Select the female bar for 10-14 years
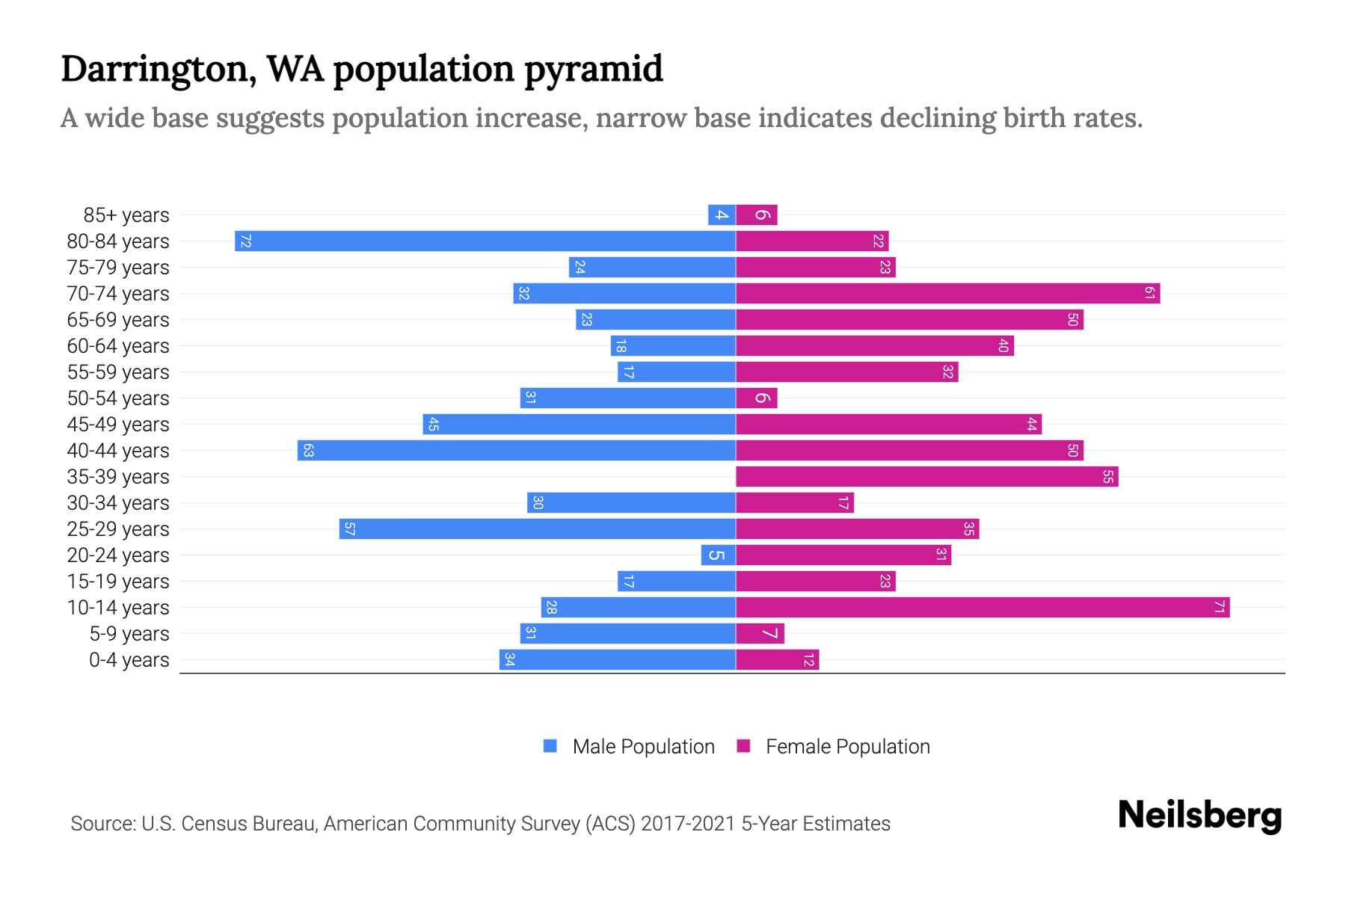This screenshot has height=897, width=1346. click(x=983, y=608)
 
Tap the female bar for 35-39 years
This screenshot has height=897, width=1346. click(x=926, y=477)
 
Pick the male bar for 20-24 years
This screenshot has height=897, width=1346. click(x=718, y=555)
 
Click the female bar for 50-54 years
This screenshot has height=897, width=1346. click(x=756, y=398)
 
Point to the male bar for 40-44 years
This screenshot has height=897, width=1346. click(x=516, y=451)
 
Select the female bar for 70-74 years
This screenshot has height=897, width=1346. click(x=947, y=294)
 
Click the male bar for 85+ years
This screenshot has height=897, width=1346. click(x=722, y=215)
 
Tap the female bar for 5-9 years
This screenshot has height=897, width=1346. click(x=760, y=634)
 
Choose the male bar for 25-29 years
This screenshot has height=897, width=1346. click(x=537, y=529)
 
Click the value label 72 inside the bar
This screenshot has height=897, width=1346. click(x=245, y=241)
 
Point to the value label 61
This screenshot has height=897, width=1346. click(x=1150, y=294)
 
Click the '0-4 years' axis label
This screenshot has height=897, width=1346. click(x=129, y=660)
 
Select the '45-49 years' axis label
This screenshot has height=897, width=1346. click(x=118, y=425)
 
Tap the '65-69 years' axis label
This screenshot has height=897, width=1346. click(x=118, y=320)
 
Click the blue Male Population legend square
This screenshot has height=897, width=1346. click(x=550, y=746)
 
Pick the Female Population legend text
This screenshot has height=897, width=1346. click(x=847, y=746)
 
